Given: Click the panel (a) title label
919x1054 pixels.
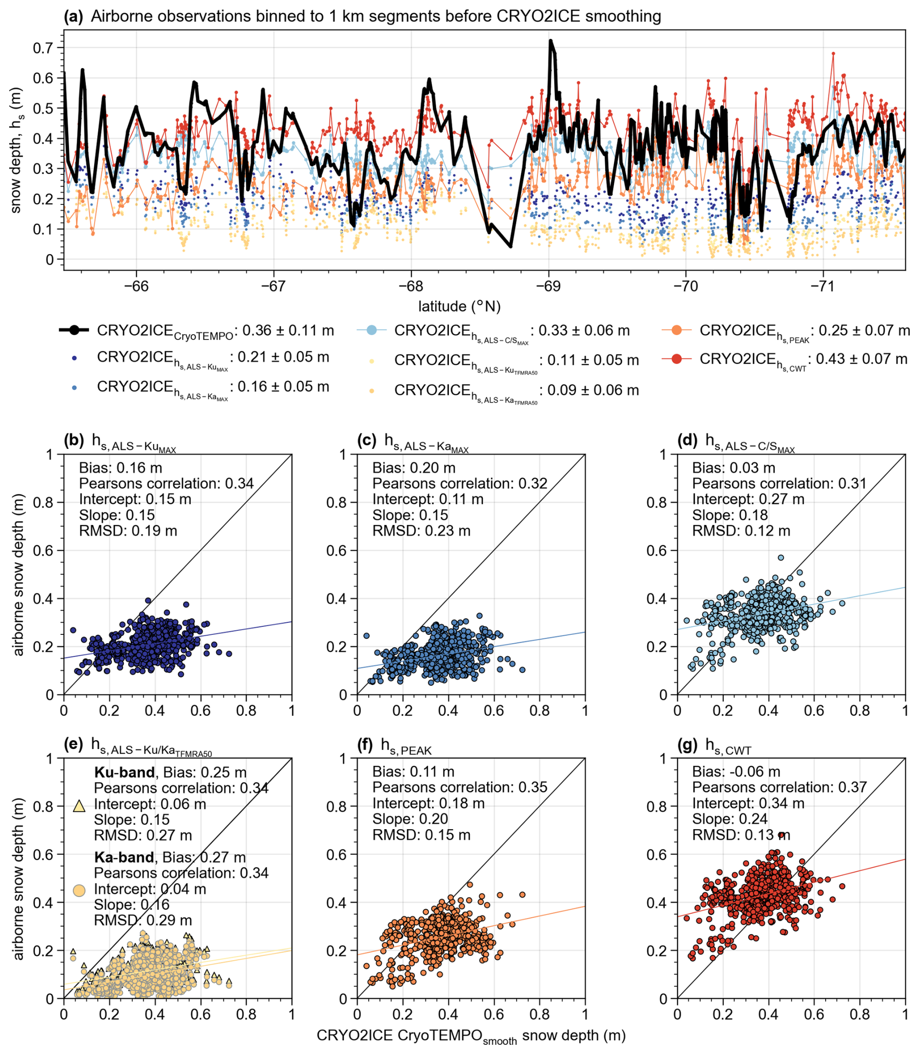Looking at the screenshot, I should pyautogui.click(x=362, y=17).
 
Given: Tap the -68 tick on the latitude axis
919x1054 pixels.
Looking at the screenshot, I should pyautogui.click(x=411, y=286).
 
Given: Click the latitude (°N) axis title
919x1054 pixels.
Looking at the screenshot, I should pyautogui.click(x=459, y=306).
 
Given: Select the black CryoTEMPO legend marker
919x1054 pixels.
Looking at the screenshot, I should pyautogui.click(x=74, y=330).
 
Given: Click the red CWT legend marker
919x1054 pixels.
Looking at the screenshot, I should pyautogui.click(x=677, y=359).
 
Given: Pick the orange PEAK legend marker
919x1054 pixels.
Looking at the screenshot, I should pyautogui.click(x=677, y=330).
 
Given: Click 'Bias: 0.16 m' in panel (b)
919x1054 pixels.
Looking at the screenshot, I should pyautogui.click(x=120, y=468).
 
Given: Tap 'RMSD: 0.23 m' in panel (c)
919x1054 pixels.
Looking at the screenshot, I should pyautogui.click(x=421, y=531).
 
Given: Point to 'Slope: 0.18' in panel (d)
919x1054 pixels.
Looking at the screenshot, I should pyautogui.click(x=730, y=515).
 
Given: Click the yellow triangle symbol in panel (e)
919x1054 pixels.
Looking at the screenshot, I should pyautogui.click(x=79, y=806).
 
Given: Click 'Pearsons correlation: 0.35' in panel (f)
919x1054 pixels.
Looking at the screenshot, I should pyautogui.click(x=459, y=787).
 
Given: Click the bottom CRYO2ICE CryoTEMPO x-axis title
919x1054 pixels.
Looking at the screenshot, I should pyautogui.click(x=471, y=1036).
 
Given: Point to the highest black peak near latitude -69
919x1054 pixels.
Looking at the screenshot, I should pyautogui.click(x=550, y=41).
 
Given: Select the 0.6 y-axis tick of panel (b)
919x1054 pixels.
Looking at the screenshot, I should pyautogui.click(x=47, y=550).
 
